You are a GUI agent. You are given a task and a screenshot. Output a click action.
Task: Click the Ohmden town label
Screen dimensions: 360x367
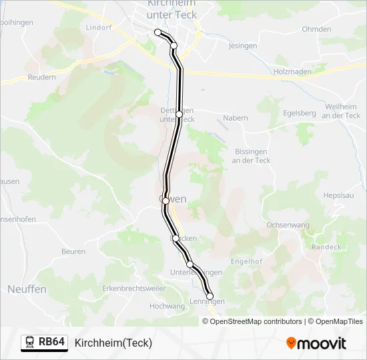tap(316, 29)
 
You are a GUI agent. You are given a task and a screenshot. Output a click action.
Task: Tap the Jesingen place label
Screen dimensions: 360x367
tap(243, 46)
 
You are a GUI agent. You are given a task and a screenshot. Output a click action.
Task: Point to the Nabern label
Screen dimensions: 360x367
tap(235, 118)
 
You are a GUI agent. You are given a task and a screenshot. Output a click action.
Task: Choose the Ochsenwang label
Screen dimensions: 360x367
tap(288, 225)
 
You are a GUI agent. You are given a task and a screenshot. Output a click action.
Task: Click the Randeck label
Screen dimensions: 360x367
tap(326, 247)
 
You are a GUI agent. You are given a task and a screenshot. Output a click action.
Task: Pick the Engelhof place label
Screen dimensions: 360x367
tap(246, 261)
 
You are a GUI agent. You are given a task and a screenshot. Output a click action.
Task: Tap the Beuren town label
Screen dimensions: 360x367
tap(73, 251)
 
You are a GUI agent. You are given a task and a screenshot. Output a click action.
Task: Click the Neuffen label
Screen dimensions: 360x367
tap(27, 289)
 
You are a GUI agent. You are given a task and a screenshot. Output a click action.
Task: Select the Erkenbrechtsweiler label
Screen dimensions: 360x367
tap(133, 289)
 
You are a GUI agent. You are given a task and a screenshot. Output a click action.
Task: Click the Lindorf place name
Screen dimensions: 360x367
tap(99, 27)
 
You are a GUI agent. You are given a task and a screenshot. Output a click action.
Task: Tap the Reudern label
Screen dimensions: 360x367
tap(41, 77)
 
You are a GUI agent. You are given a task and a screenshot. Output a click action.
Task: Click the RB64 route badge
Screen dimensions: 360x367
tap(44, 343)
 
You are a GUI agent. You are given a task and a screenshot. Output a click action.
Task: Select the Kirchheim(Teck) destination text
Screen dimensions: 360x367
tap(113, 343)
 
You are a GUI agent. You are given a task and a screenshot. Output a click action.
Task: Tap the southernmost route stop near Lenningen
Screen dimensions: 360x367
tap(210, 296)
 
